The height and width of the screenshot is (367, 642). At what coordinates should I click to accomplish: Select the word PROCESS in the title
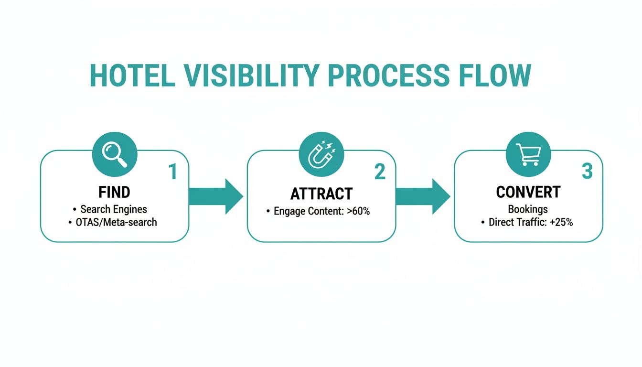coord(388,76)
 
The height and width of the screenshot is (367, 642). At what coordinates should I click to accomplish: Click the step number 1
coord(172,172)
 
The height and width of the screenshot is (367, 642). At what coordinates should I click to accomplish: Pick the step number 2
coord(380,172)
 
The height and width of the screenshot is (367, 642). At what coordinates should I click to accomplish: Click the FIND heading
coord(114,192)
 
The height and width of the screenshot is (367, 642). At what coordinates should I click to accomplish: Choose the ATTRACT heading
coord(321,194)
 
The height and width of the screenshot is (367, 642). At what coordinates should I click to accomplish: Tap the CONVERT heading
coord(528,192)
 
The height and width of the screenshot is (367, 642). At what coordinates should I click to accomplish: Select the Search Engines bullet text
coord(114,209)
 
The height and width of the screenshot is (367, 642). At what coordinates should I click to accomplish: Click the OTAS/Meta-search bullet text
coord(117,222)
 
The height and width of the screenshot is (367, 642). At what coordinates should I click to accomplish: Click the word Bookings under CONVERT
coord(528,209)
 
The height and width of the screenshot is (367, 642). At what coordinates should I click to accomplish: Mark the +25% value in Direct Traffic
coord(562,222)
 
